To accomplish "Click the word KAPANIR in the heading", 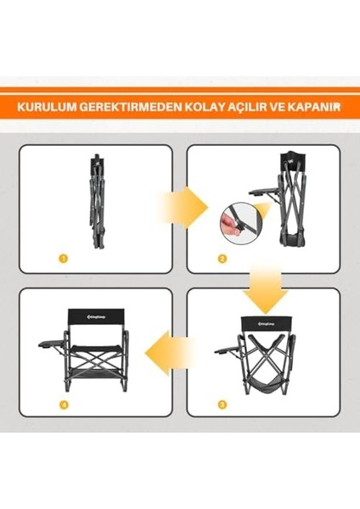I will pos(314,108).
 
